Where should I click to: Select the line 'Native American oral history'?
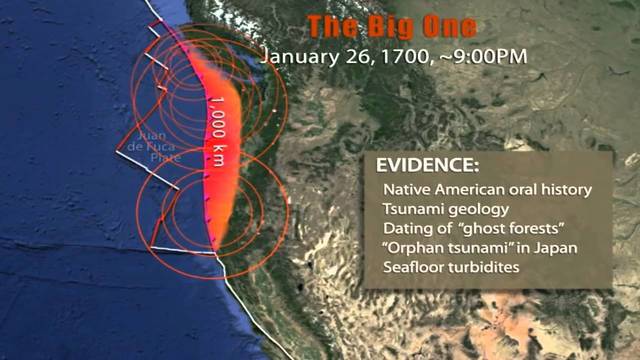(x=487, y=189)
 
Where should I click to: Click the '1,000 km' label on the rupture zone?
(x=216, y=127)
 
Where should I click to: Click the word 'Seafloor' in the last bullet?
(x=414, y=268)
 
